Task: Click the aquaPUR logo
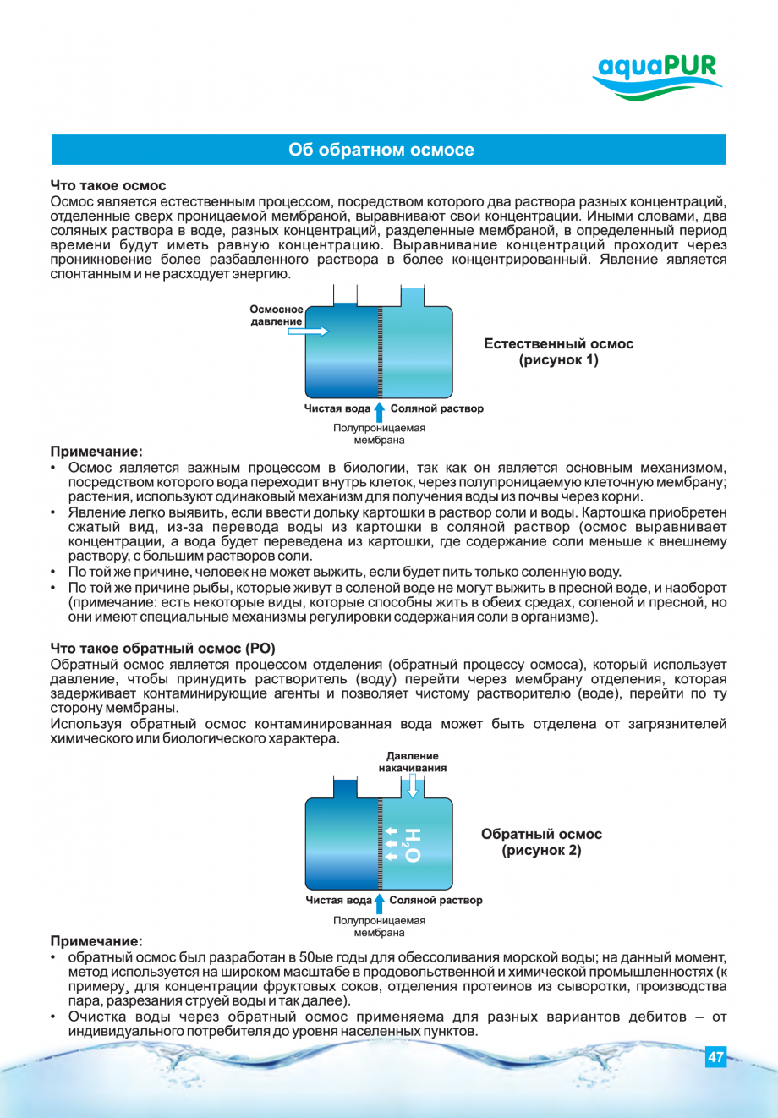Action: [x=657, y=76]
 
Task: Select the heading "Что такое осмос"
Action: [x=108, y=186]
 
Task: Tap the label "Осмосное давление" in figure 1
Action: [x=277, y=315]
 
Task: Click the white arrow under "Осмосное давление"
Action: [x=308, y=332]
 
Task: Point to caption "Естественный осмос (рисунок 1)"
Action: [x=558, y=352]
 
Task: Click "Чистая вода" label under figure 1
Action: [x=337, y=409]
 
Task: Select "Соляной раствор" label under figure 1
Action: [x=437, y=409]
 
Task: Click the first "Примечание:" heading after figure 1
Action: [x=96, y=452]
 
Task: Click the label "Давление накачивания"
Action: [x=413, y=762]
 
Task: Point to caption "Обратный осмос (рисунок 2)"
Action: [x=541, y=842]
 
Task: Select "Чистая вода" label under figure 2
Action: [x=338, y=901]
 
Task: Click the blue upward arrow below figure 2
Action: [x=380, y=902]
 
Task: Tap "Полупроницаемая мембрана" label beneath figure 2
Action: [x=379, y=927]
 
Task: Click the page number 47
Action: [x=715, y=1057]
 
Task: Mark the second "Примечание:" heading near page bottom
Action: [x=96, y=941]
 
